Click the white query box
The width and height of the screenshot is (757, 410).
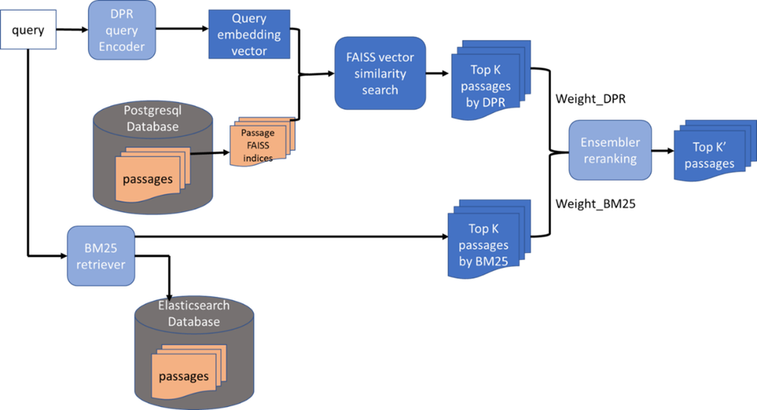coord(28,30)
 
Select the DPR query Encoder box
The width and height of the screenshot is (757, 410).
coord(122,30)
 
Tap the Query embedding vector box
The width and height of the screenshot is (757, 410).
coord(249,35)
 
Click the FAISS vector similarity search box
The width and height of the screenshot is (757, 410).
coord(380,74)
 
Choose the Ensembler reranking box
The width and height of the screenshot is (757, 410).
coord(609,150)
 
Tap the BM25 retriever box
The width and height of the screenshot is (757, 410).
coord(101,256)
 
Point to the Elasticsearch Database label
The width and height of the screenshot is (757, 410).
coord(194,314)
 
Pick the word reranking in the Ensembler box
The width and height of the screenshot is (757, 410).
coord(610,158)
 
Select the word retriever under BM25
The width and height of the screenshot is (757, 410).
coord(101,264)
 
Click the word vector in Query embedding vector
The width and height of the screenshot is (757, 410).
coord(249,51)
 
